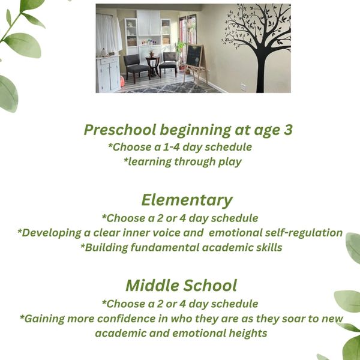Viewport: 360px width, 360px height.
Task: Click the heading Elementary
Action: pyautogui.click(x=187, y=200)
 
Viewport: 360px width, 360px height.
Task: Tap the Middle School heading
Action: pyautogui.click(x=181, y=286)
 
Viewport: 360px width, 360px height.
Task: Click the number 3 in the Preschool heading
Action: pyautogui.click(x=288, y=130)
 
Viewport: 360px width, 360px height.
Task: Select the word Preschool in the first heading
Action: pyautogui.click(x=120, y=130)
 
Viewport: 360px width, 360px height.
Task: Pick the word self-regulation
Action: pyautogui.click(x=304, y=233)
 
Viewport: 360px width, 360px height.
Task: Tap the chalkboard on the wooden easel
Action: pyautogui.click(x=194, y=56)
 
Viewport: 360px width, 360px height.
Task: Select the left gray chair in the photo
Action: pyautogui.click(x=136, y=67)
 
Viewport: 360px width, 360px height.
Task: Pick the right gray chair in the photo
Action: pyautogui.click(x=168, y=64)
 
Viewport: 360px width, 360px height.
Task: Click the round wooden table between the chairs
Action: pyautogui.click(x=152, y=65)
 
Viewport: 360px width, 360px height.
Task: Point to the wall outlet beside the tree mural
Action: pyautogui.click(x=243, y=88)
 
